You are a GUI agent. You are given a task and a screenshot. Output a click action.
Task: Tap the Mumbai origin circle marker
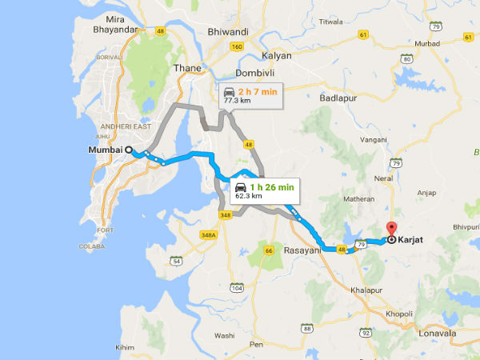click(128, 150)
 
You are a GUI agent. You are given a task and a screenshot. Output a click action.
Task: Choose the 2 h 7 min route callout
click(250, 94)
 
